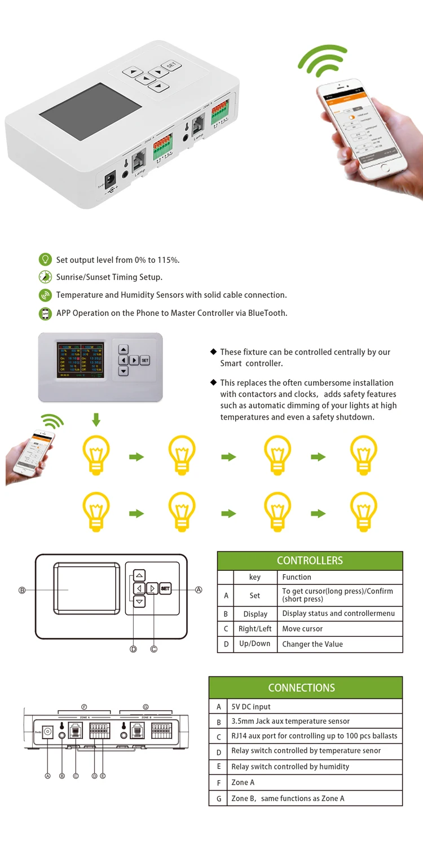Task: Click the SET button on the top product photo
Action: (x=170, y=65)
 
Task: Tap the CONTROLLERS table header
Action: (x=310, y=560)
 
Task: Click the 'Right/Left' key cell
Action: (x=255, y=628)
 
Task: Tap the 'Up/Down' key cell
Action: (x=255, y=644)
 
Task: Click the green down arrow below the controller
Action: (x=96, y=419)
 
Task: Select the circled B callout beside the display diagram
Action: (x=22, y=591)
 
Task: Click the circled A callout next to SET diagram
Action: (x=199, y=590)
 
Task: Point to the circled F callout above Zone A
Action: (x=84, y=707)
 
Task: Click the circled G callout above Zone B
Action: (x=146, y=707)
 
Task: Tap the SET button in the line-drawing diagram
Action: (x=165, y=588)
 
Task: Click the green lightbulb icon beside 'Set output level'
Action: (x=45, y=259)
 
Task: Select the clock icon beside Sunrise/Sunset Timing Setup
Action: (x=45, y=277)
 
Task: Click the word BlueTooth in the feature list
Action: (x=268, y=313)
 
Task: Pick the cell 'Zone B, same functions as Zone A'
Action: (x=288, y=798)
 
